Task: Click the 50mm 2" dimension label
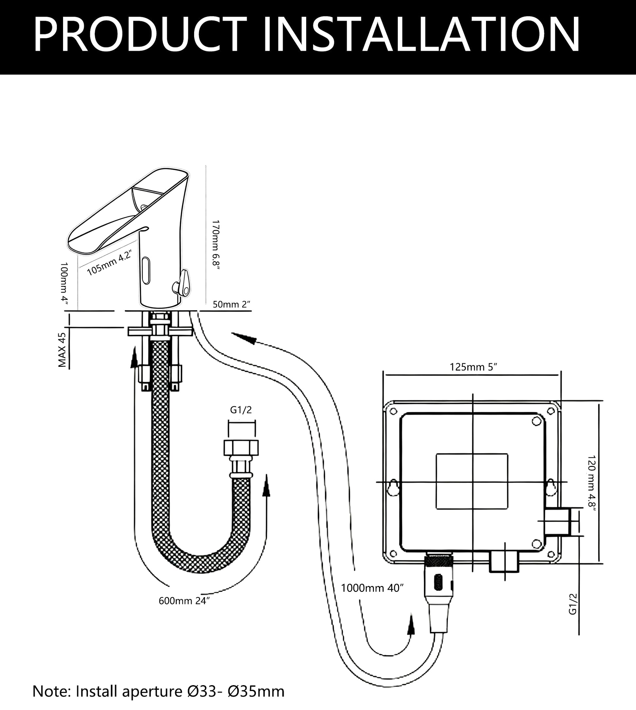(x=232, y=304)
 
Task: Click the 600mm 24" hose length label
(x=184, y=601)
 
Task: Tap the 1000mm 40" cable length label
(x=372, y=588)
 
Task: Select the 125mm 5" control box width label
(x=473, y=367)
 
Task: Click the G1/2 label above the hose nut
(x=241, y=410)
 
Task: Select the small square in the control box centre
(x=472, y=481)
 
